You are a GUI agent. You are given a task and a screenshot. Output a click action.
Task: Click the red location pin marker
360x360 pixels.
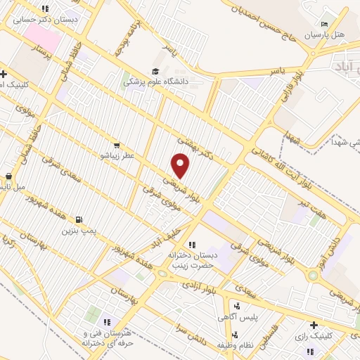(x=181, y=166)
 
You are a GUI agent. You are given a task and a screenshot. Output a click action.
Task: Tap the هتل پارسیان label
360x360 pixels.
(x=327, y=34)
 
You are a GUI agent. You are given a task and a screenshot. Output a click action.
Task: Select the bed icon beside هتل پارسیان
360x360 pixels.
(x=323, y=23)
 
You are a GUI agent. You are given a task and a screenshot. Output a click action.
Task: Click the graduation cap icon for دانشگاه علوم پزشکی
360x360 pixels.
(x=155, y=71)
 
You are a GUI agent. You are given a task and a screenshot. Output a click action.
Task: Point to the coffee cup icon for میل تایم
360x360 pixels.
(x=8, y=176)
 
